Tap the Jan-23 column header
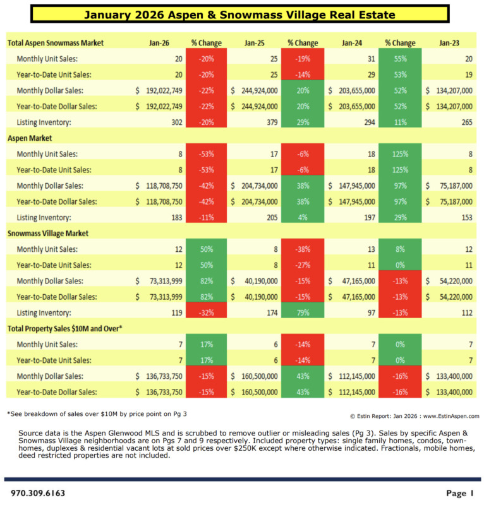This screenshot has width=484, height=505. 448,43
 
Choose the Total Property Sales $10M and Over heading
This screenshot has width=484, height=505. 73,328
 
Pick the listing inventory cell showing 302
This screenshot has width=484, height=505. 174,122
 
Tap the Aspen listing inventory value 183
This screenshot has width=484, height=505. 174,217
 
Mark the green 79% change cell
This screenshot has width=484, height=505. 303,312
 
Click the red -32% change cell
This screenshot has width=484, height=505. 205,312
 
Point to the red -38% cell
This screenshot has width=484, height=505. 303,249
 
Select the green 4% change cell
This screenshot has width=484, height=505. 303,217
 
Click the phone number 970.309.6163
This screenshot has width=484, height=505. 37,492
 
